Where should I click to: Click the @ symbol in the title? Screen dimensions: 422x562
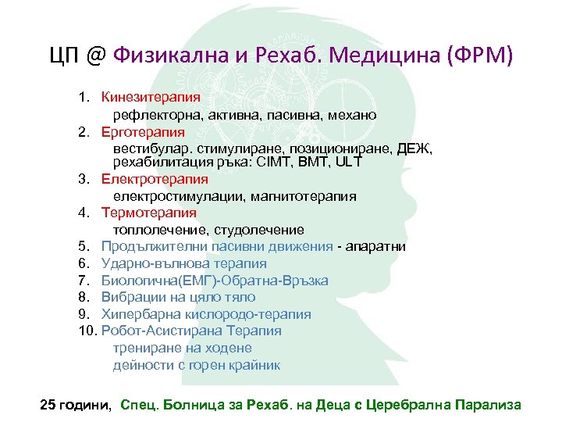[x=95, y=57]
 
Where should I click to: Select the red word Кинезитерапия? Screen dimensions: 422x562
[x=151, y=98]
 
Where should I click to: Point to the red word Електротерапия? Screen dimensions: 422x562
[x=150, y=180]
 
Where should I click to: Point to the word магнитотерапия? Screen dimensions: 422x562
[x=304, y=196]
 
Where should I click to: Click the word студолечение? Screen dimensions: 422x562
[x=265, y=230]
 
